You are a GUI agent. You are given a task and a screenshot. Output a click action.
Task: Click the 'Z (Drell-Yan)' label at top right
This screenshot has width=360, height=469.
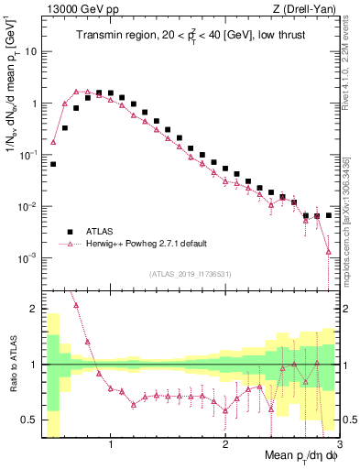tap(309, 8)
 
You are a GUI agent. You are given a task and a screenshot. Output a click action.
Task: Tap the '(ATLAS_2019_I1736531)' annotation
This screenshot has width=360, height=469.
tap(190, 274)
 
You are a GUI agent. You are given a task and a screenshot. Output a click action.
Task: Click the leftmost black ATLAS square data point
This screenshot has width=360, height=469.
tap(54, 164)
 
